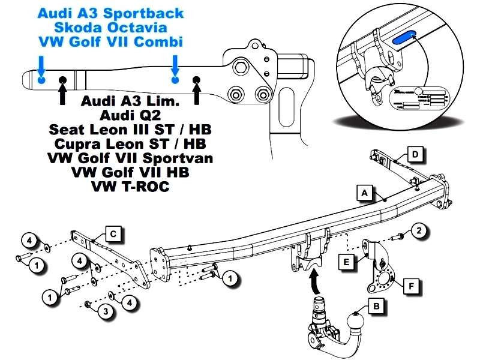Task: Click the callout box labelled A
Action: (363, 193)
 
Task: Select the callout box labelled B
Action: (376, 306)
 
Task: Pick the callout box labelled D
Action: (415, 154)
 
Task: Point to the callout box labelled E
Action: (347, 262)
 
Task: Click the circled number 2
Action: (420, 230)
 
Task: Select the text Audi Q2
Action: (130, 115)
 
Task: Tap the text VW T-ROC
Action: (130, 187)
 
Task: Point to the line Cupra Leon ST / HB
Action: (130, 144)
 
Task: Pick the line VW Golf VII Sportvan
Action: (130, 158)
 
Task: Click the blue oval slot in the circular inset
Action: (403, 39)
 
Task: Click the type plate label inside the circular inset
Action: (422, 97)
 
